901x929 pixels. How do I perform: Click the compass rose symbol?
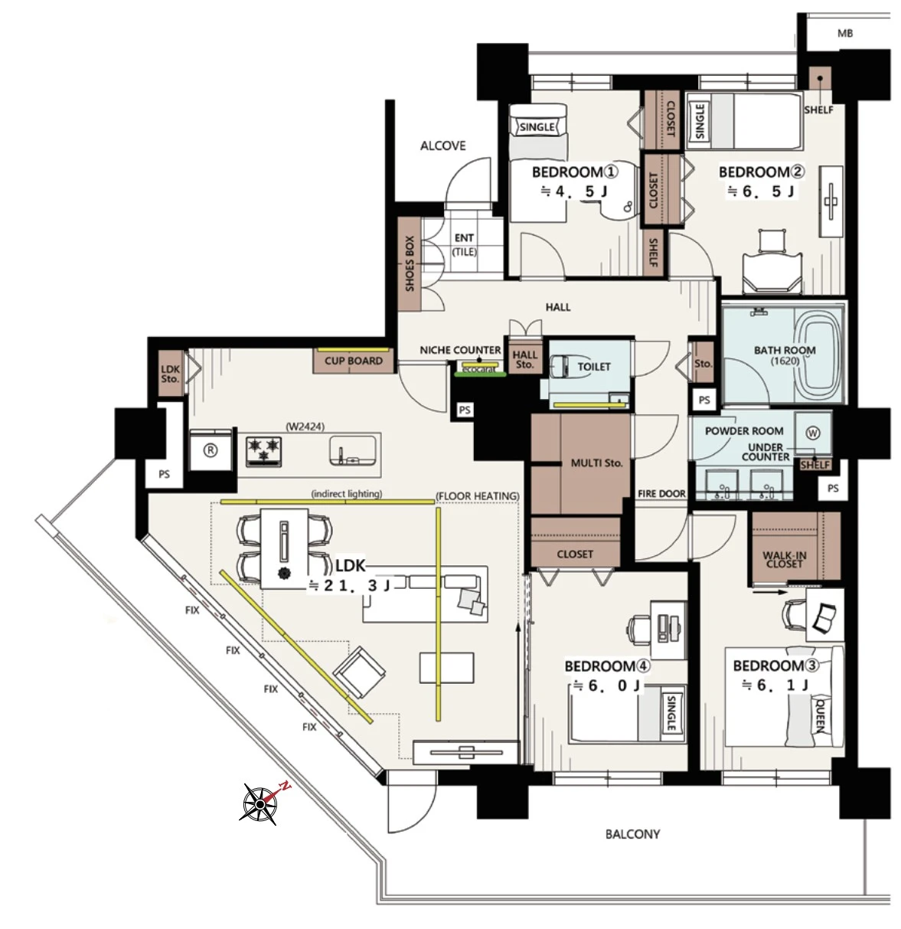pos(260,804)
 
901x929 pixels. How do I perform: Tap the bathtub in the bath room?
pos(821,355)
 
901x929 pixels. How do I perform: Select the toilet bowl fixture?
pos(564,366)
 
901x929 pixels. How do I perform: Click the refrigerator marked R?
pos(211,450)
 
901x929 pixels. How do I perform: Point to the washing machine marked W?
pos(813,433)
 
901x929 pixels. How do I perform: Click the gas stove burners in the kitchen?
pos(263,450)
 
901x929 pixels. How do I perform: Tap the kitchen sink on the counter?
pos(353,450)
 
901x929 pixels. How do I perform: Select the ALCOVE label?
pos(442,146)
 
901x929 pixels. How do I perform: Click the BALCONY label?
pos(632,834)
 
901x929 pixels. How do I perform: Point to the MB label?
pos(844,34)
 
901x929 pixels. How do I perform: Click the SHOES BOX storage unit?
pos(410,264)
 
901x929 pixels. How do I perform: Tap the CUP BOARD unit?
pos(354,361)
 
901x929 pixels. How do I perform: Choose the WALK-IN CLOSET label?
pos(785,559)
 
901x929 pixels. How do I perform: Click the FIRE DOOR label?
pos(661,494)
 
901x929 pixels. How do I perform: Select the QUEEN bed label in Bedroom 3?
pos(820,716)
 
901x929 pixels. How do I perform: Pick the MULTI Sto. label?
pos(596,463)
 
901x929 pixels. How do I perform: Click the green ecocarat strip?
pos(480,375)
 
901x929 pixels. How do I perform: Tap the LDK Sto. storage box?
pos(171,374)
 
